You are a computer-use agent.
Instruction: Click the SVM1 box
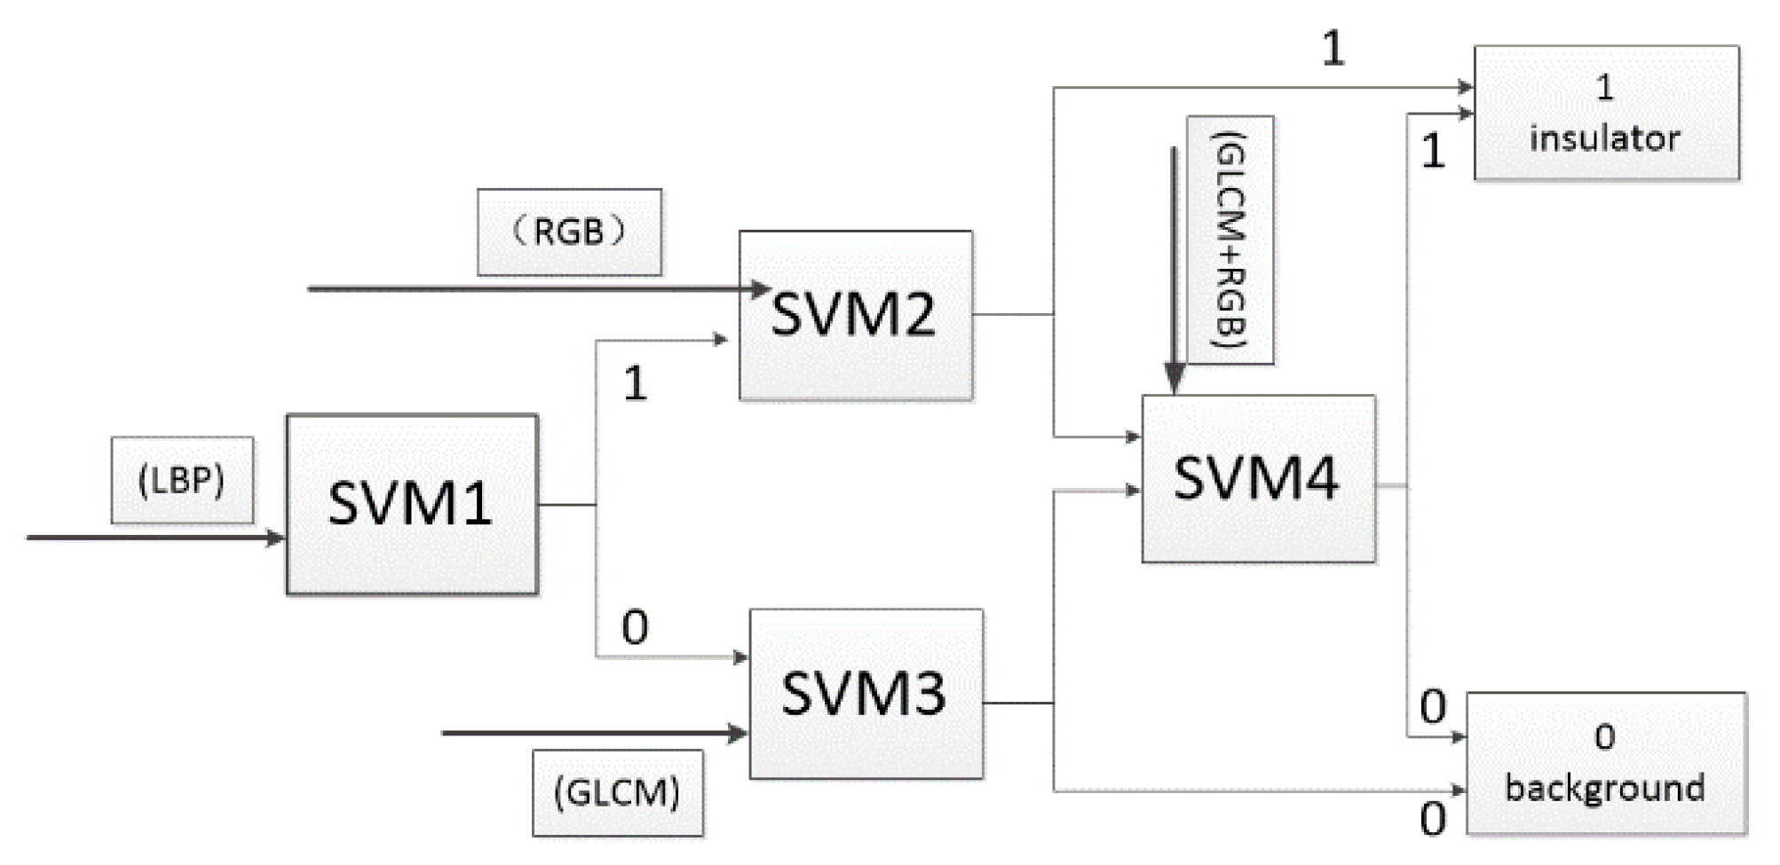point(411,504)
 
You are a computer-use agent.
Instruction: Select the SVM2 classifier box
point(855,315)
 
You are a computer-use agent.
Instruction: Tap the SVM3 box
point(866,694)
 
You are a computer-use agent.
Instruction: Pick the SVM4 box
point(1257,478)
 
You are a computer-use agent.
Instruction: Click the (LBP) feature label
point(182,480)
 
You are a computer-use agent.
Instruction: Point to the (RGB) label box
point(569,232)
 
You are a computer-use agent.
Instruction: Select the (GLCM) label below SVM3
point(618,792)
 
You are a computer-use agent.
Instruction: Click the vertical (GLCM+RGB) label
point(1230,240)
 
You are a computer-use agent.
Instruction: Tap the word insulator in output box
point(1605,138)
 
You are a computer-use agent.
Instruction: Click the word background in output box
point(1605,788)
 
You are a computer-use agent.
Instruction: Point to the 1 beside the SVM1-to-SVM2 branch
point(635,384)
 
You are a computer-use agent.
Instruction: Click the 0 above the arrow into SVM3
point(635,627)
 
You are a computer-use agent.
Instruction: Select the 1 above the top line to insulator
point(1333,48)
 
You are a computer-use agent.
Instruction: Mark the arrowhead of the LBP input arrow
point(276,538)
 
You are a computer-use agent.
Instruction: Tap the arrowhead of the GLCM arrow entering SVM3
point(738,733)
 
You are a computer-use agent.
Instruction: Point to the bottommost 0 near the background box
point(1432,818)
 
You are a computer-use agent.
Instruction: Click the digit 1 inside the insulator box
point(1604,87)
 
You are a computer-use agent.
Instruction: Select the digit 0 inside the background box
point(1604,737)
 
